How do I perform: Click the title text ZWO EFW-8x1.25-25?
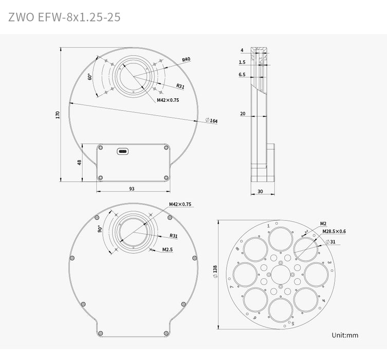point(65,16)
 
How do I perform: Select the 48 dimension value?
point(80,163)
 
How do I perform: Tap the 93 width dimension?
point(132,189)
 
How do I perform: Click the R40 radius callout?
point(186,60)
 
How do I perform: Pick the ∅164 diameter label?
point(211,120)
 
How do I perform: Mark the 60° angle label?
point(90,77)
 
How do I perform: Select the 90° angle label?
point(99,229)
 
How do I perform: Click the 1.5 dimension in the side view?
point(242,62)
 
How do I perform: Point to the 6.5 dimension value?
point(242,75)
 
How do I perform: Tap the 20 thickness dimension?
point(242,114)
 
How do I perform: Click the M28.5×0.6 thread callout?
point(334,231)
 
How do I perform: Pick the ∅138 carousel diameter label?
point(215,274)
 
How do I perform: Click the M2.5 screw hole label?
point(167,250)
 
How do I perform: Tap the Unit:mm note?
point(345,335)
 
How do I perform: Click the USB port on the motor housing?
point(123,151)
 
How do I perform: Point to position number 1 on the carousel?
point(268,225)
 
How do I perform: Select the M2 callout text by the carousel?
point(323,223)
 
